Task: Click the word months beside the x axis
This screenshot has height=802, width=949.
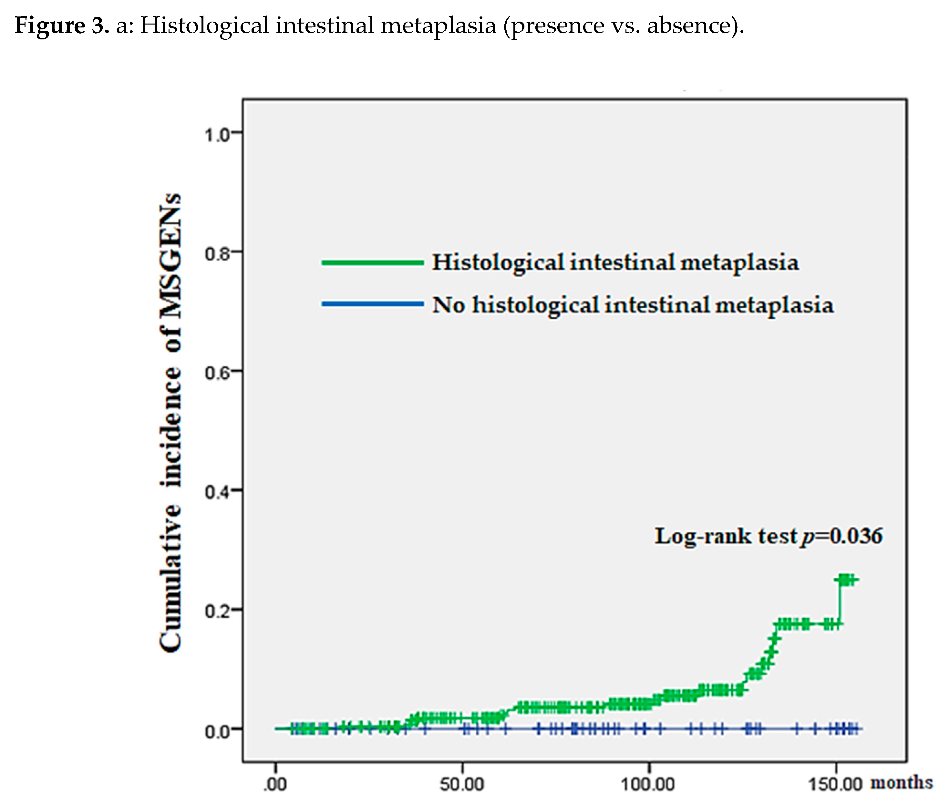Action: click(901, 782)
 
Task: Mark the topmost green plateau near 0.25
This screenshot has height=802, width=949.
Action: click(847, 580)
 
